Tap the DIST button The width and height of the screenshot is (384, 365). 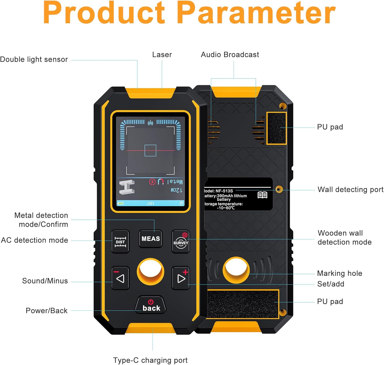click(120, 242)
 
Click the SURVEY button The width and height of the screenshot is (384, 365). click(181, 242)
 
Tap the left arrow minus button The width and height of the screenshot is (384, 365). click(120, 278)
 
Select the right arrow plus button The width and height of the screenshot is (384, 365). click(181, 278)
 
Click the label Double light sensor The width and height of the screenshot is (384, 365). click(34, 59)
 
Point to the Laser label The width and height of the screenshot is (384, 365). click(162, 55)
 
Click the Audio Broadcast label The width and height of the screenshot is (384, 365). click(230, 55)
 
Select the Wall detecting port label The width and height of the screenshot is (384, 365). click(350, 190)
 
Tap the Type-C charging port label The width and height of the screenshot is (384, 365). click(150, 360)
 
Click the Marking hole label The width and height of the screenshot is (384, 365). click(339, 273)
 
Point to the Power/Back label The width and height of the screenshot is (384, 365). click(47, 311)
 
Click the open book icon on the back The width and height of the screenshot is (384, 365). click(262, 195)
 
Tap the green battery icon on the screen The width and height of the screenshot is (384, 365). click(121, 203)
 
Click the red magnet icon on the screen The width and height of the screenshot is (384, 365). click(161, 182)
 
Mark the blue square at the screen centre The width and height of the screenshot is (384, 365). click(150, 150)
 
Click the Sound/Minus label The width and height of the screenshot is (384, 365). click(45, 281)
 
